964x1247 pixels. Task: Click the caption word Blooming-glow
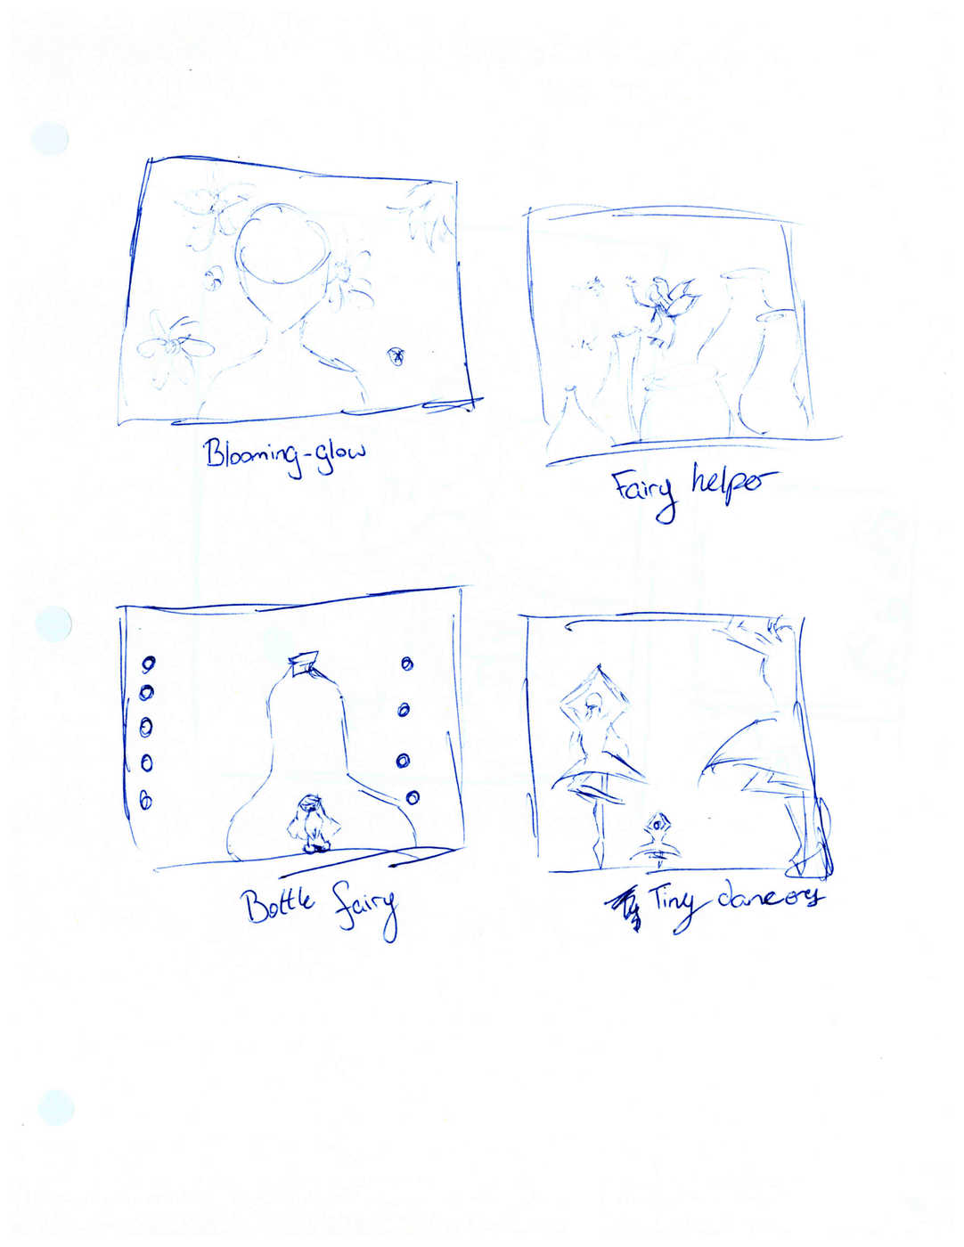pos(285,456)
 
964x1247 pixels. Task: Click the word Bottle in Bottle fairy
pos(281,908)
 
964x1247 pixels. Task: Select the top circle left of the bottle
pos(149,664)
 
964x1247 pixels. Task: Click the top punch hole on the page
pos(50,138)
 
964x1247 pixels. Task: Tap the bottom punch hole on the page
pos(55,1108)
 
